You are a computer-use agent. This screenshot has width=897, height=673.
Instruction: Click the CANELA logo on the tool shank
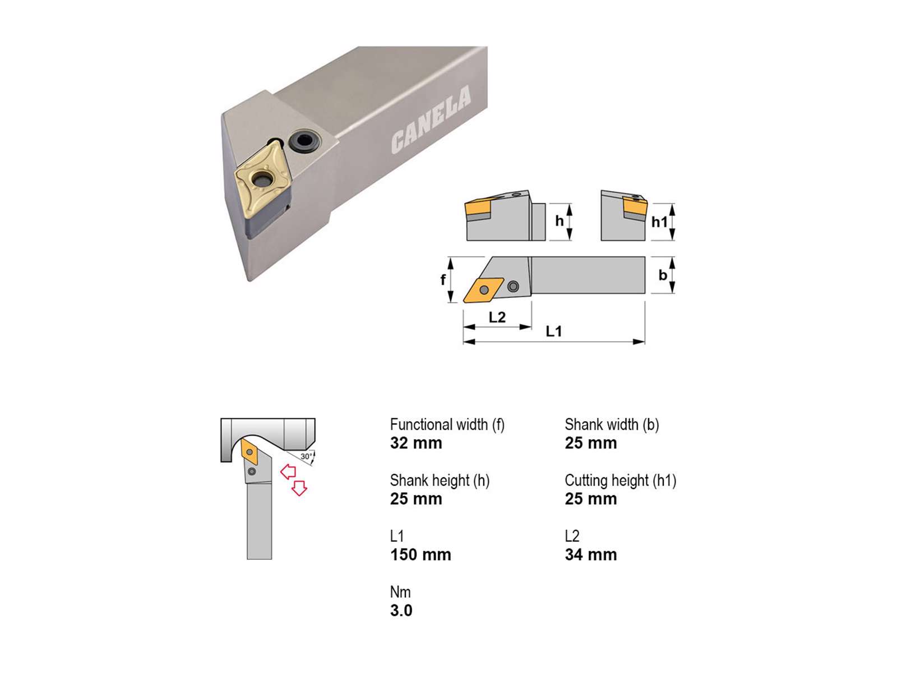coord(431,119)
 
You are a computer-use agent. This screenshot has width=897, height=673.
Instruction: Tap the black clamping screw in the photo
coord(304,141)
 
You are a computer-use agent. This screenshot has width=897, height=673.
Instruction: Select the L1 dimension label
coord(554,331)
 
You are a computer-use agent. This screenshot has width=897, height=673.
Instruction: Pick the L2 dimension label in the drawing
coord(497,317)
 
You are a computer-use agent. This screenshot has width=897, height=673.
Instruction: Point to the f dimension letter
coord(442,279)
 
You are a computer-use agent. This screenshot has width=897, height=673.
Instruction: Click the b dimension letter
coord(663,275)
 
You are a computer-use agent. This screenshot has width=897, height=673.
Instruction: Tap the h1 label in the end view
coord(659,222)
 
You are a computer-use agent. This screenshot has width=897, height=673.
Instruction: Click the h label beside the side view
coord(559,221)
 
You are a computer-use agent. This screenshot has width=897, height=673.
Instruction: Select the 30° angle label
coord(306,457)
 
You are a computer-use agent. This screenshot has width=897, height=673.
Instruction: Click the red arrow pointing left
coord(288,472)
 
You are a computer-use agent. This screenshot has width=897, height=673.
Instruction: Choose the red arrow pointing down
coord(299,488)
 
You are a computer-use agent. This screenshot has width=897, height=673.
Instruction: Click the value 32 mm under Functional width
coord(416,443)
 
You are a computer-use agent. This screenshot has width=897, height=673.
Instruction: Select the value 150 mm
coord(420,555)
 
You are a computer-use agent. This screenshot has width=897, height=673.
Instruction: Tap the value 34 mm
coord(591,555)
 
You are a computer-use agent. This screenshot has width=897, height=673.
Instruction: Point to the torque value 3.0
coord(401,611)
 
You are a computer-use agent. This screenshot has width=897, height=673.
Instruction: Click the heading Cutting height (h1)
coord(621,481)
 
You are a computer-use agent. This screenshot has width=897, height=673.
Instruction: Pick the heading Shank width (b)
coord(612,425)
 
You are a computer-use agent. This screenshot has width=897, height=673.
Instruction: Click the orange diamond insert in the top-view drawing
coord(483,290)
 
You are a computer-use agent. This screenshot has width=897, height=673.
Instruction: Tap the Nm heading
coord(400,592)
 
